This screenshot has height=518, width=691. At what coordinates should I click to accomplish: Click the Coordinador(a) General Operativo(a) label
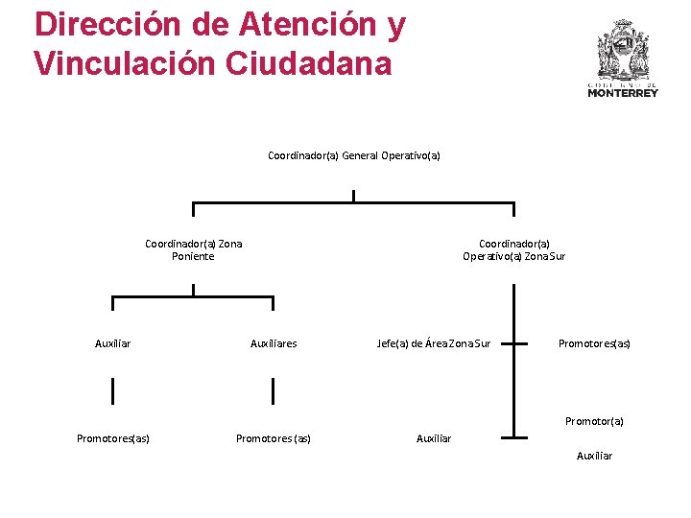(353, 155)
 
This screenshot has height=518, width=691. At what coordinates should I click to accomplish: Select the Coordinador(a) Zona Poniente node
(193, 249)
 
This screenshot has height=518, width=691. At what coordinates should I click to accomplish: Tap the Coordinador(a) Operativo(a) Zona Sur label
(513, 249)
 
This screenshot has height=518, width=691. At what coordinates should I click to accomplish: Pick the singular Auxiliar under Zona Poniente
(113, 343)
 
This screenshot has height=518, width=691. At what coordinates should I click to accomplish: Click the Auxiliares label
(274, 343)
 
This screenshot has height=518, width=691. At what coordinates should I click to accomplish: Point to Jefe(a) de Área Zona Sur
(434, 343)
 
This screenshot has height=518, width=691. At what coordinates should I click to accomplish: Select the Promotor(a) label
(594, 421)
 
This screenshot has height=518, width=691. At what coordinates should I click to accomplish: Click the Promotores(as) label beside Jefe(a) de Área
(594, 343)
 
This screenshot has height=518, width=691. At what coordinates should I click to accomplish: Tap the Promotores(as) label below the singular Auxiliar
(113, 439)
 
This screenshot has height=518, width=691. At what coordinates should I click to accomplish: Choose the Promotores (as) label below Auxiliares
(274, 439)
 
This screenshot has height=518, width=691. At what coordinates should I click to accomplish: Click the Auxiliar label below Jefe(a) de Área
(434, 438)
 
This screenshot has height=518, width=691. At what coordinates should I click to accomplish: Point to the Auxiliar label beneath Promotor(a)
(594, 456)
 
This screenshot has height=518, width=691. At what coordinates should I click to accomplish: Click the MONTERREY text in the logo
(623, 93)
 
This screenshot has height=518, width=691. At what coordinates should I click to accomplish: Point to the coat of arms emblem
(623, 48)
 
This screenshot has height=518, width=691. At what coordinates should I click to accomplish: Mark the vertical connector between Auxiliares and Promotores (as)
(274, 391)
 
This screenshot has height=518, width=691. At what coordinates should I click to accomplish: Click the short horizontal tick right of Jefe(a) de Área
(514, 342)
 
